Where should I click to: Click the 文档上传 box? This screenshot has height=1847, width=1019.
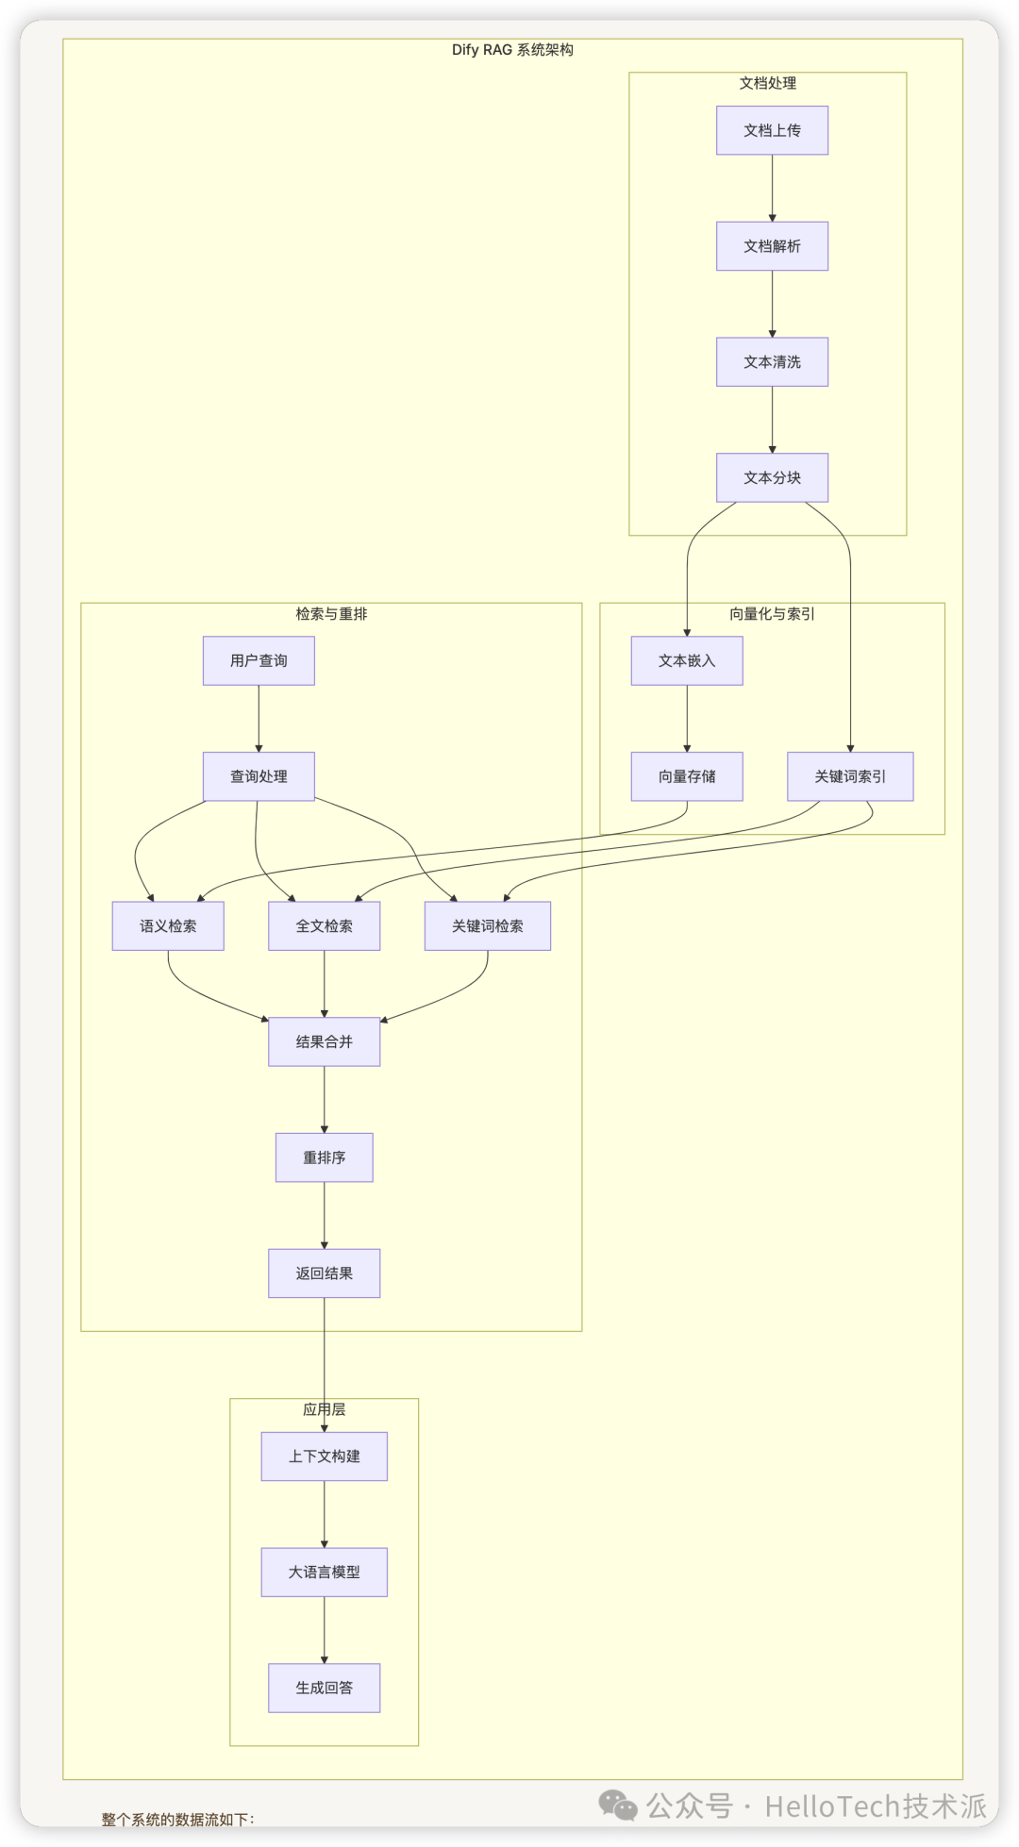click(x=772, y=130)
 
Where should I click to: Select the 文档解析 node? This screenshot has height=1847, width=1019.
click(x=772, y=246)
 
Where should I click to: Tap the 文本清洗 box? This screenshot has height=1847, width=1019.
click(x=772, y=362)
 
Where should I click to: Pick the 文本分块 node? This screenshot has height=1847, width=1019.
click(x=772, y=478)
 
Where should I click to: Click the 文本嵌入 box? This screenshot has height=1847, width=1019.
click(x=687, y=660)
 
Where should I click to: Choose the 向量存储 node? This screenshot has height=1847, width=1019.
click(x=687, y=776)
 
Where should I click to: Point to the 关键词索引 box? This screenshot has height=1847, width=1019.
click(x=850, y=776)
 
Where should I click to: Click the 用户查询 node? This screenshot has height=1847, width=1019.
click(x=259, y=660)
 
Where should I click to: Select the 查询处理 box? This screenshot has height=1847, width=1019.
click(x=259, y=776)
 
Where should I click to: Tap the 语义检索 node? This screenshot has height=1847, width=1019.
click(x=168, y=926)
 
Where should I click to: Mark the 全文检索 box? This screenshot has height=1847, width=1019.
click(x=324, y=926)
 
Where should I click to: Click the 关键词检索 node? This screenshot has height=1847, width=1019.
click(x=487, y=926)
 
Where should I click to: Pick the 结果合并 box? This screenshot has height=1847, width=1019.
click(x=324, y=1042)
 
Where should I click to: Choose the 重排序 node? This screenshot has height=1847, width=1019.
click(x=324, y=1157)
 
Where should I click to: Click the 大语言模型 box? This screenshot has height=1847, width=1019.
click(x=324, y=1572)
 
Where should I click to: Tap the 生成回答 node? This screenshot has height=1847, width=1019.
click(x=324, y=1688)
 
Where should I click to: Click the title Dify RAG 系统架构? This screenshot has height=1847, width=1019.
click(x=512, y=50)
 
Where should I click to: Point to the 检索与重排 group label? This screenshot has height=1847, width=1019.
click(x=331, y=614)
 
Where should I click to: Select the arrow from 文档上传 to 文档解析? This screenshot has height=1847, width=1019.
click(x=772, y=189)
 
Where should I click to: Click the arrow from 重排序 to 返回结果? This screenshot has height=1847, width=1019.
click(x=324, y=1215)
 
